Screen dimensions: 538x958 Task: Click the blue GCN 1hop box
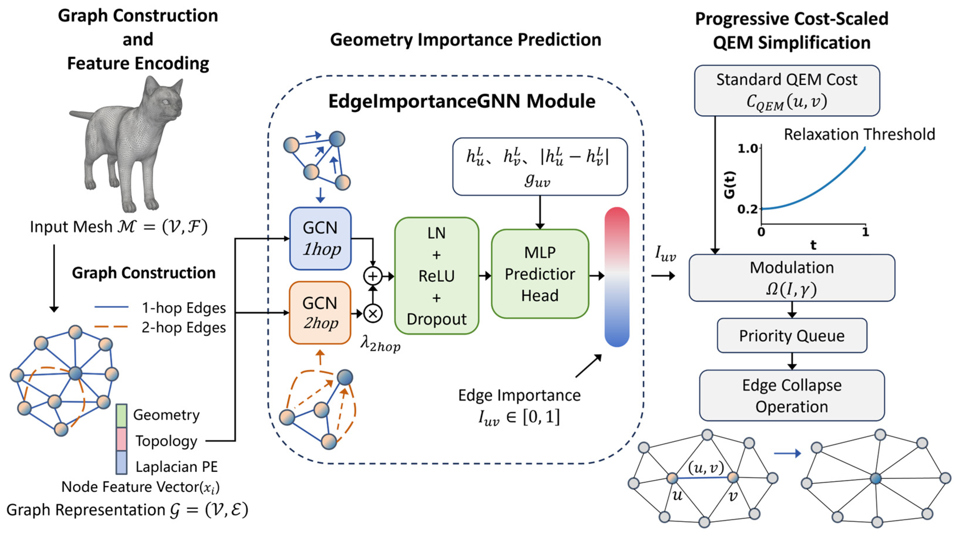320,238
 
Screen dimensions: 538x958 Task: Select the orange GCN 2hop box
320,313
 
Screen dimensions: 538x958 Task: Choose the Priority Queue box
792,335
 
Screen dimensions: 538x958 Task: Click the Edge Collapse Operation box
792,395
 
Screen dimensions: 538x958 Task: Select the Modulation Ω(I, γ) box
792,278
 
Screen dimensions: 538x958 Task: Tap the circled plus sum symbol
373,276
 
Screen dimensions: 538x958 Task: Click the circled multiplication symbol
373,313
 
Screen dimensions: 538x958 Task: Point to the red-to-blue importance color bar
617,277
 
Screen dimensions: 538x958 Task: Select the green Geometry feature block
122,415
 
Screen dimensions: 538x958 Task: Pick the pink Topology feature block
122,439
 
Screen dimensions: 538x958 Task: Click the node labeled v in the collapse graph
733,477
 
